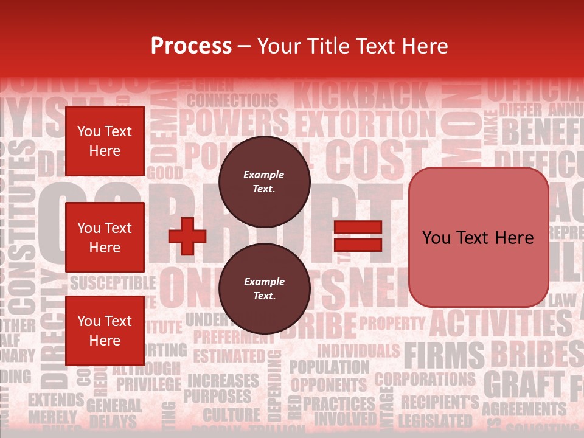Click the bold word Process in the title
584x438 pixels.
click(x=191, y=46)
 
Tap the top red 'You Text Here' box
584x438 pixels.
click(x=105, y=141)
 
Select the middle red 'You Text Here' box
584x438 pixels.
click(x=105, y=237)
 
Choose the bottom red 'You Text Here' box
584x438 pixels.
click(x=105, y=330)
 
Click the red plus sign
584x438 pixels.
click(x=187, y=236)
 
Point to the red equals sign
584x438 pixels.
click(x=358, y=236)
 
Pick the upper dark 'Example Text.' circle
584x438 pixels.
click(x=264, y=182)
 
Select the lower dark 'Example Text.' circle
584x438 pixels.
click(x=264, y=289)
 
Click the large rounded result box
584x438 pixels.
click(x=478, y=237)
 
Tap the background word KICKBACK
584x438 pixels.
click(x=361, y=97)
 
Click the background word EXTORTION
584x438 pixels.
click(x=365, y=124)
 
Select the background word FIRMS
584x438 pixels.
click(x=444, y=355)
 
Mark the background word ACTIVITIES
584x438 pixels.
click(x=501, y=323)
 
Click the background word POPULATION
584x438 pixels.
click(x=328, y=367)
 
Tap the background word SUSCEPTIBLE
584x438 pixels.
click(x=113, y=283)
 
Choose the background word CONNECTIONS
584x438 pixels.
click(x=232, y=100)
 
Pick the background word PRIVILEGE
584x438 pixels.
click(x=148, y=384)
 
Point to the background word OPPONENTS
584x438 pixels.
click(x=328, y=385)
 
